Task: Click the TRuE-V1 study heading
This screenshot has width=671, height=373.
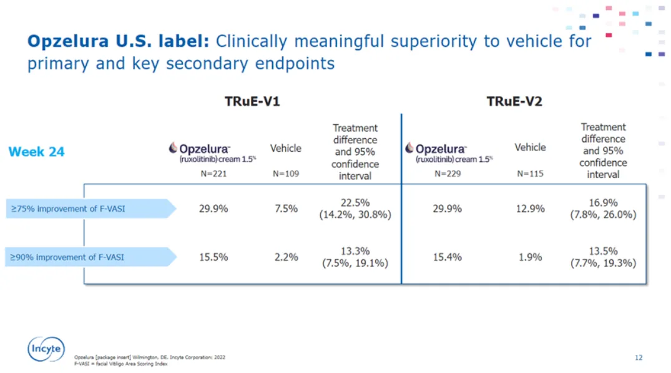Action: [x=252, y=101]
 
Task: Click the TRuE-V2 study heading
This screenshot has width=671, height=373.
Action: [x=514, y=101]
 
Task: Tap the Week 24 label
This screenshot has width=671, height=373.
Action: [x=36, y=152]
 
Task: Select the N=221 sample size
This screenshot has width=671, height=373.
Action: [x=213, y=174]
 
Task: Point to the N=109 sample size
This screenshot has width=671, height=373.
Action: [x=286, y=174]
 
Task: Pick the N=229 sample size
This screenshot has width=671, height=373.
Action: [x=448, y=174]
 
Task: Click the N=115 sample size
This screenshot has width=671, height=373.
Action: [x=530, y=174]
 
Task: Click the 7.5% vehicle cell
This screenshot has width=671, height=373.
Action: [x=286, y=209]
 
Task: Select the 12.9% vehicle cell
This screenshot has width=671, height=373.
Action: [x=530, y=209]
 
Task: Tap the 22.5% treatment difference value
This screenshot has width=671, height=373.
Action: [x=356, y=202]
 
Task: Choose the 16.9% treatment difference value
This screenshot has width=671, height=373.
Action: [x=603, y=202]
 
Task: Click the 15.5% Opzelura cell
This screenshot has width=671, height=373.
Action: [x=213, y=257]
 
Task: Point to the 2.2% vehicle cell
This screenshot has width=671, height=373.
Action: [x=286, y=257]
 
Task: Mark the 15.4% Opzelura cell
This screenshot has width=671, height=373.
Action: [x=448, y=257]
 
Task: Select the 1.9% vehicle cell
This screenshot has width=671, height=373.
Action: [x=530, y=257]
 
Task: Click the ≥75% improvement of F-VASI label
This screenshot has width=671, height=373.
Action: [x=67, y=209]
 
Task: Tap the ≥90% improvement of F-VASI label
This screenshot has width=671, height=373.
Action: [x=67, y=257]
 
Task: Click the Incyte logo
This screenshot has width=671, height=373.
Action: [x=46, y=349]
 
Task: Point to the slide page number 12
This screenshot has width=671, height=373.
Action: [x=639, y=357]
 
